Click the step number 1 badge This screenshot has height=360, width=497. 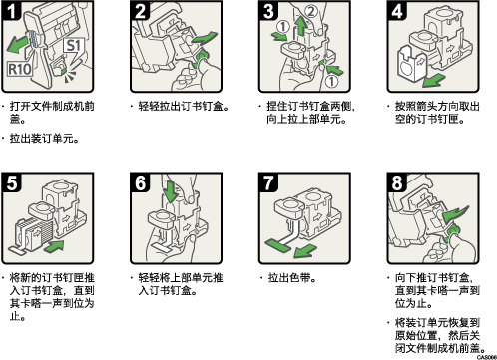click(x=12, y=10)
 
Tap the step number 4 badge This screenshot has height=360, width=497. click(x=397, y=10)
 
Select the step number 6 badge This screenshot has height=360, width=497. click(x=140, y=182)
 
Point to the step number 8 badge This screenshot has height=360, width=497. click(x=397, y=182)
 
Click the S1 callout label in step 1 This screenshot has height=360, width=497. click(x=74, y=46)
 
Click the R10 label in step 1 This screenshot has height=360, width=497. click(x=20, y=69)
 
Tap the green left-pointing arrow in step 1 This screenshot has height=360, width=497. click(x=18, y=44)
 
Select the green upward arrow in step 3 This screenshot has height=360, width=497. click(x=301, y=27)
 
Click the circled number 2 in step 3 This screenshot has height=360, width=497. click(x=311, y=11)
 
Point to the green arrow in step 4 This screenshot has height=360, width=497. click(x=434, y=80)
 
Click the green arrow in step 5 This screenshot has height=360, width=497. click(x=53, y=247)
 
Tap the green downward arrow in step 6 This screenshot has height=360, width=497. click(x=172, y=191)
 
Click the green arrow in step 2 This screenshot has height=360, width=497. click(x=205, y=38)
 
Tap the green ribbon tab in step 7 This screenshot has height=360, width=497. click(x=278, y=246)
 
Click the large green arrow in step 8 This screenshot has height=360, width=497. click(x=456, y=213)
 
